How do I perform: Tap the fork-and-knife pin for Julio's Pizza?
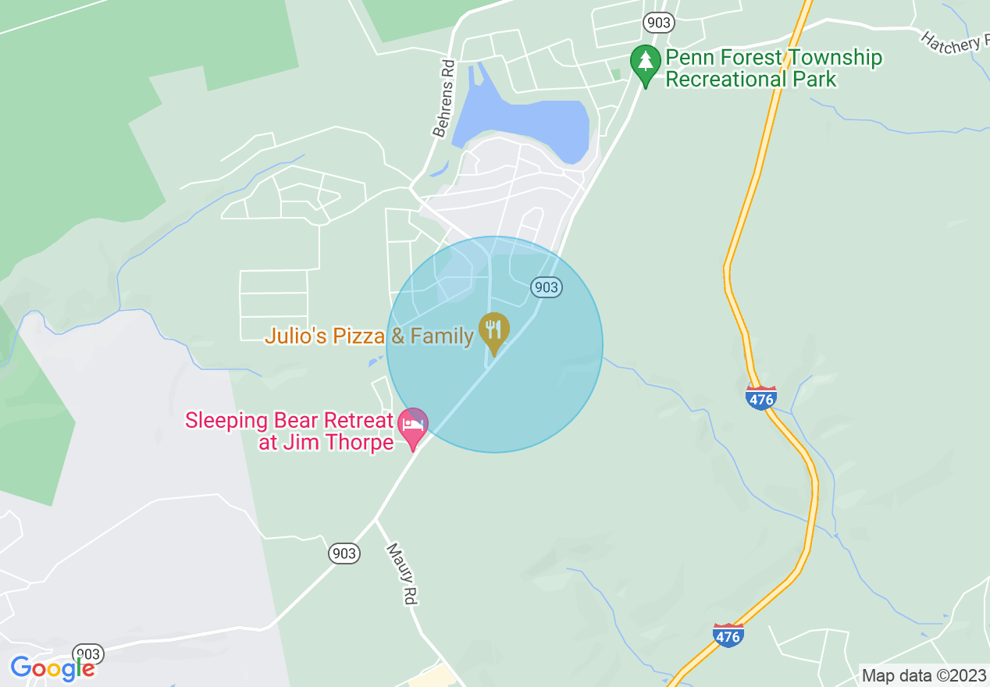click(493, 332)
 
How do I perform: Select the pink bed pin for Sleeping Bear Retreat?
click(413, 426)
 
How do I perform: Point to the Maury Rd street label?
click(401, 574)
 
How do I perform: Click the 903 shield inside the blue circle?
click(546, 287)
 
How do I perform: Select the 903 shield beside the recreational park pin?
click(659, 23)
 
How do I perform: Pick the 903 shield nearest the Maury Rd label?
click(344, 554)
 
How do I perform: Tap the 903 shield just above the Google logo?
click(88, 653)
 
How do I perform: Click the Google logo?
click(52, 668)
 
